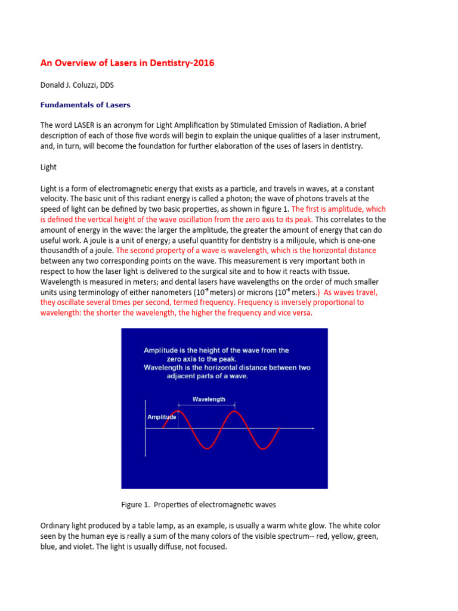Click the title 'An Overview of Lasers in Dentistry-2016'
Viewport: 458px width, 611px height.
pos(127,63)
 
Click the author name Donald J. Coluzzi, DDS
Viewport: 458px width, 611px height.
pos(77,86)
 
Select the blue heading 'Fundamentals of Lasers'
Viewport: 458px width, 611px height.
pos(85,105)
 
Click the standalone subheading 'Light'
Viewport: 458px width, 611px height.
pos(48,168)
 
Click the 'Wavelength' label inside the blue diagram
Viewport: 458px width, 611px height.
pos(208,399)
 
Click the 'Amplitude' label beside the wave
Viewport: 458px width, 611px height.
pos(162,417)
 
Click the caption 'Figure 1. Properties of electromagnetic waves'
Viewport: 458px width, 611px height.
pos(199,505)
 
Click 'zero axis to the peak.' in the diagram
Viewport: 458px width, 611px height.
pos(202,359)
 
